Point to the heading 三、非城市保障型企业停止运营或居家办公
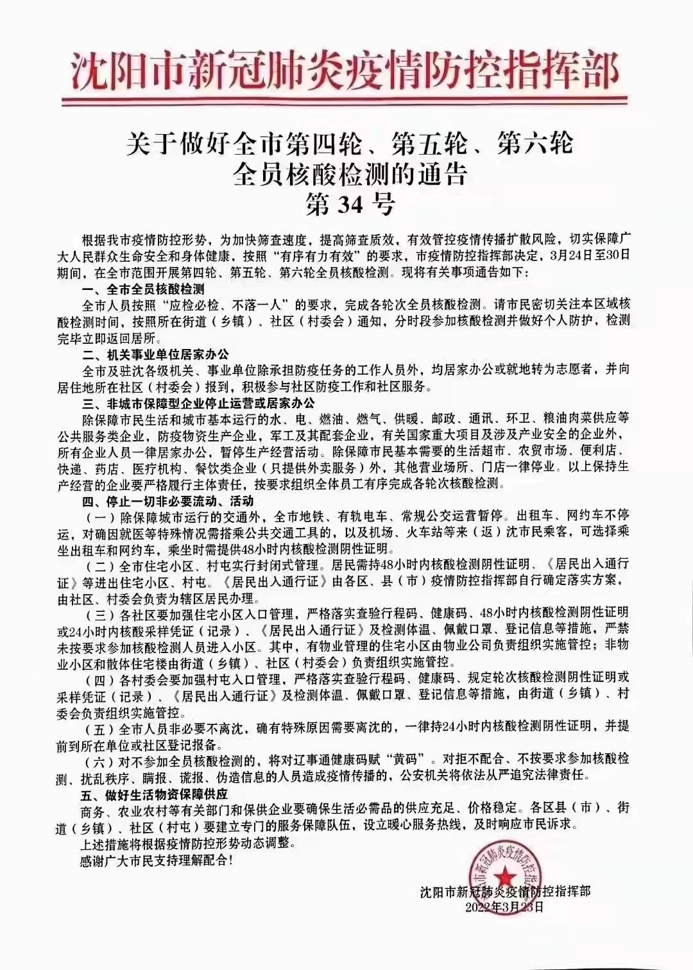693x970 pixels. click(x=198, y=404)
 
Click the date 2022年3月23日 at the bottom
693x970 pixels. click(x=504, y=906)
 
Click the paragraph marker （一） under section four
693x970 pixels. click(x=99, y=517)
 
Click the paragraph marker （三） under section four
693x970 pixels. click(x=99, y=613)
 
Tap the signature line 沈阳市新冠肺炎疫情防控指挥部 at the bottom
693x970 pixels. click(x=506, y=892)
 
